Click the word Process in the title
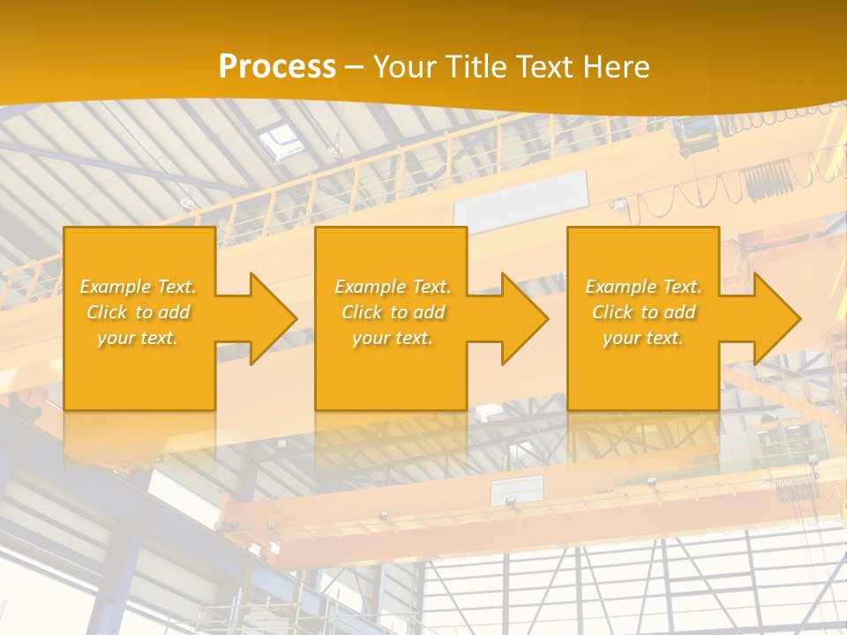coord(277,66)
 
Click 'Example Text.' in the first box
coord(138,287)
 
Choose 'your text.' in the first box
coord(138,338)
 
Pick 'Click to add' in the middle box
coord(393,312)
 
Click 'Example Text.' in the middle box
coord(393,287)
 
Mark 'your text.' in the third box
coord(643,338)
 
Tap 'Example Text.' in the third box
coord(643,287)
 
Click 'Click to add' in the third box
coord(643,312)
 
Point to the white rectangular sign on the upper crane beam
coord(521,198)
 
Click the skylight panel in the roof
coord(282,139)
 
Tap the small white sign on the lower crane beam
coord(517,489)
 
